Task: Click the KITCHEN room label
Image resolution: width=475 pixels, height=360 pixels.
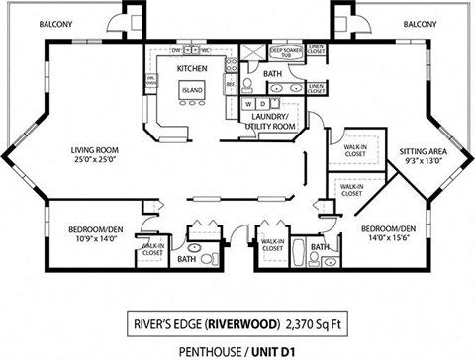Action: (190, 68)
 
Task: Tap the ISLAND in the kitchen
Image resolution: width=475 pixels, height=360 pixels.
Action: (191, 89)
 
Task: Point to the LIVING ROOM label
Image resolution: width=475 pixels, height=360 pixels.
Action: (95, 150)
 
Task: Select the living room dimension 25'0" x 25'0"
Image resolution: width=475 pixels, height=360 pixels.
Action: (95, 161)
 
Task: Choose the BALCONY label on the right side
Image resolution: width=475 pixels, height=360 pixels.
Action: (421, 24)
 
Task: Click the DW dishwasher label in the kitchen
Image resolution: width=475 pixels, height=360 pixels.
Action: (175, 49)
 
